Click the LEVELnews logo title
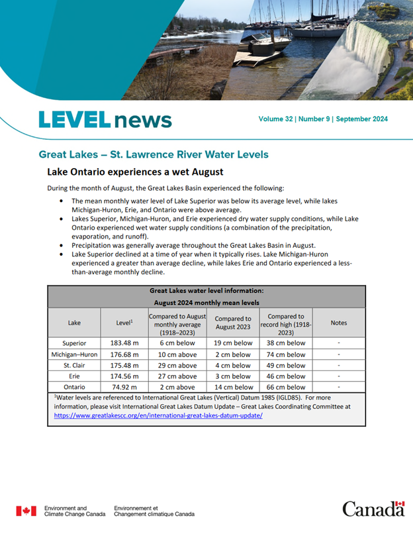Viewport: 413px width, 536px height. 105,120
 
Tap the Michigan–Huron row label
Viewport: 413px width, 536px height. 74,354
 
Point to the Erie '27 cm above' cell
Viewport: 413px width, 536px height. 177,376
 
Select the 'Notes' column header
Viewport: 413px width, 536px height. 338,323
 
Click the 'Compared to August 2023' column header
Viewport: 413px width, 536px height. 233,323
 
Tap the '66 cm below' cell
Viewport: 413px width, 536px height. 287,387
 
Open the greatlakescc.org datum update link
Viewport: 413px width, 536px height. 158,415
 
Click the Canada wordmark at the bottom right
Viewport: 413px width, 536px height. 373,508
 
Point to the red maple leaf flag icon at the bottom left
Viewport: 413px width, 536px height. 26,511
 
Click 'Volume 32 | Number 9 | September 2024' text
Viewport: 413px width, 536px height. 323,119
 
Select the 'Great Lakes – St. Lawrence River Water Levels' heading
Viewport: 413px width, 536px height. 154,154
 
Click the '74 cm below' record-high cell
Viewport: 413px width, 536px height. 287,354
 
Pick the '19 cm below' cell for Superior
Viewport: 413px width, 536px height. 233,343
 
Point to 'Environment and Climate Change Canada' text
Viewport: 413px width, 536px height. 74,511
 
